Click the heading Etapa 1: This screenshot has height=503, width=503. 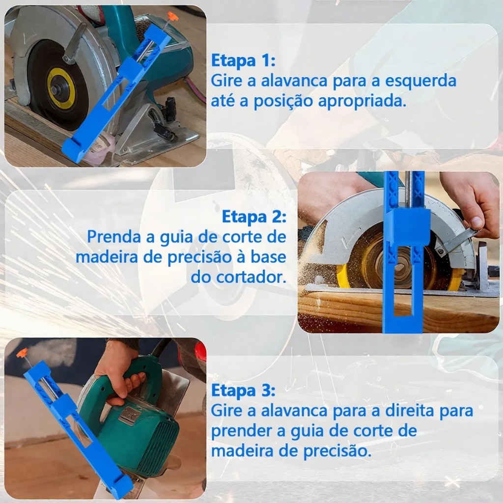pyautogui.click(x=243, y=60)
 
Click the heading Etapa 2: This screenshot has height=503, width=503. pyautogui.click(x=254, y=217)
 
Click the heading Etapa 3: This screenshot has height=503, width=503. pyautogui.click(x=243, y=391)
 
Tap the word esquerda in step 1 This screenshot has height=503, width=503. pyautogui.click(x=420, y=82)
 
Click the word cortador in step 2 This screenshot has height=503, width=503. pyautogui.click(x=251, y=277)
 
